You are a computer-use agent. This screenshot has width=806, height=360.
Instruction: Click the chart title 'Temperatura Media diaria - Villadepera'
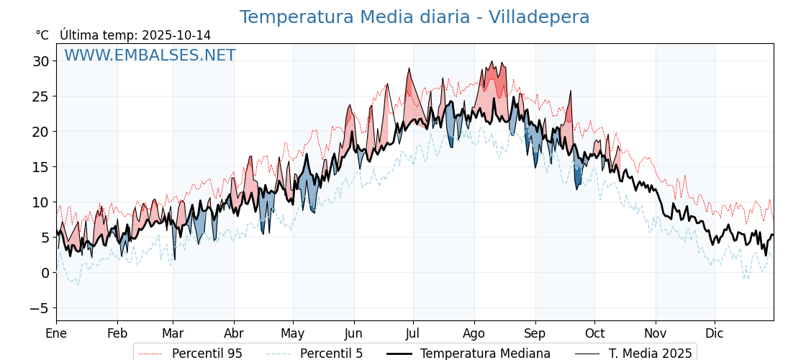[x=414, y=17]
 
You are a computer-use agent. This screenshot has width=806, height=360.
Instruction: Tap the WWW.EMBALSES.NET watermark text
[x=150, y=55]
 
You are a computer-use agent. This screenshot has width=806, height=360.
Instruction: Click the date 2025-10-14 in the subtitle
[x=176, y=35]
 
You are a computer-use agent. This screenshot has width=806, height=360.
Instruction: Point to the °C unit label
[x=42, y=35]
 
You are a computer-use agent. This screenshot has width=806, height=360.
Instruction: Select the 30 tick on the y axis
[x=40, y=61]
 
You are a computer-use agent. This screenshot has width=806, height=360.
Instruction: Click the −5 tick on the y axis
[x=37, y=308]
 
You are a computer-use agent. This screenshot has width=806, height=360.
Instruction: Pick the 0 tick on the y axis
[x=45, y=273]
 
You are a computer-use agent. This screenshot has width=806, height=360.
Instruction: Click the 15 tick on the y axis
[x=40, y=167]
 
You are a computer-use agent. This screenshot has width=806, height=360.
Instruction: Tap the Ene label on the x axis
[x=56, y=333]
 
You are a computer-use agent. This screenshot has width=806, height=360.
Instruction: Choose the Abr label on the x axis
[x=234, y=333]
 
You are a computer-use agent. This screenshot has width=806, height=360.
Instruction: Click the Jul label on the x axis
[x=413, y=333]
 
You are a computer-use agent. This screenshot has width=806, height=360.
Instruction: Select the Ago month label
[x=474, y=333]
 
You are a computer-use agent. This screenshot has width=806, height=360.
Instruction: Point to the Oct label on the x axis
[x=594, y=333]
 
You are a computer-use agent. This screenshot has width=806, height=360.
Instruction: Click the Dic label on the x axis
[x=715, y=333]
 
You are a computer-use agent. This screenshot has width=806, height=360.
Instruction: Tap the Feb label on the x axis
[x=117, y=333]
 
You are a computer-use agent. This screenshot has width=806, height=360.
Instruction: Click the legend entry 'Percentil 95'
[x=207, y=354]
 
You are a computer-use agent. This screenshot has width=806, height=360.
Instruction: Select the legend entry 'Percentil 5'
[x=331, y=354]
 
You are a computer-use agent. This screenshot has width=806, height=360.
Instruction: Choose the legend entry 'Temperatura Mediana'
[x=485, y=354]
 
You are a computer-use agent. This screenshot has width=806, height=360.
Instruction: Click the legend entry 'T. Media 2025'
[x=650, y=354]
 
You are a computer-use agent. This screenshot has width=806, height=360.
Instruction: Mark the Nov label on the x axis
[x=656, y=333]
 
